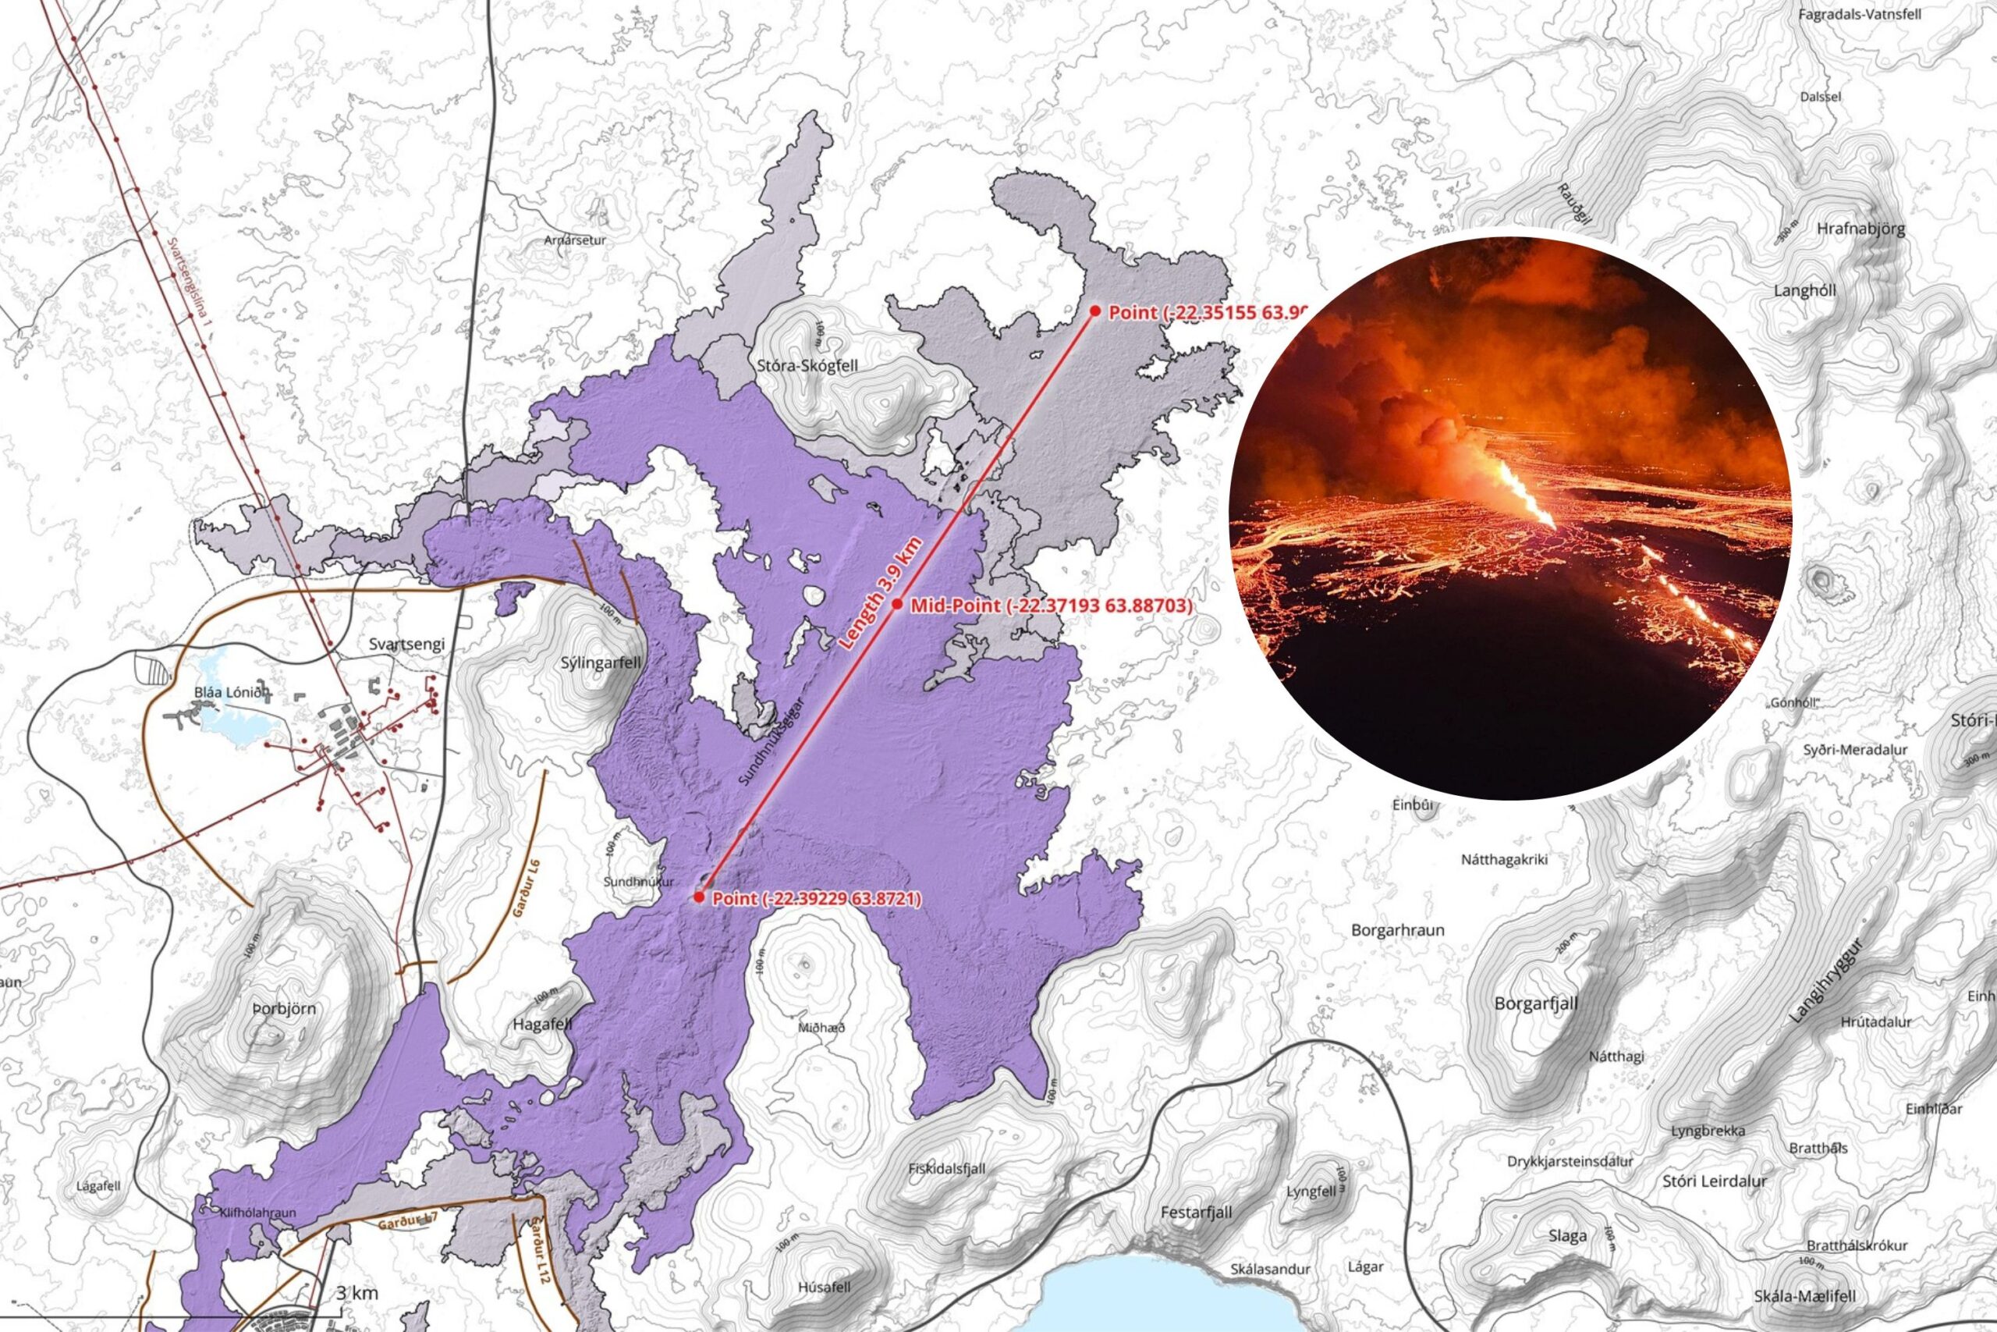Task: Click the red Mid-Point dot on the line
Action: click(897, 605)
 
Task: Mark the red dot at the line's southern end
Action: click(699, 897)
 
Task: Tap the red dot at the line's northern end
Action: click(1095, 312)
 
